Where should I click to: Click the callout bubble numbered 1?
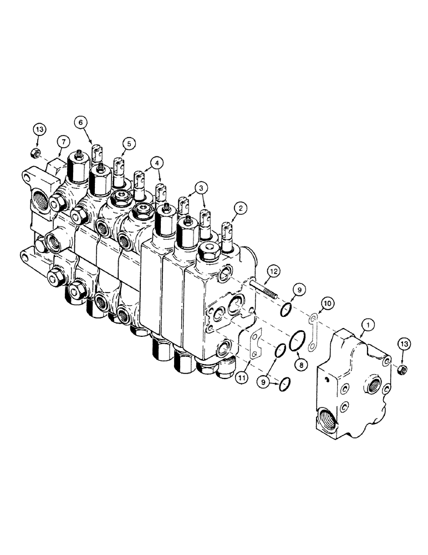pos(368,324)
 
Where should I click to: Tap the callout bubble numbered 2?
pos(240,208)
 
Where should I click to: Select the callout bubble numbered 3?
pos(201,188)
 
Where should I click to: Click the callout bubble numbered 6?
pos(80,123)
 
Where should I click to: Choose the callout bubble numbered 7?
pos(63,142)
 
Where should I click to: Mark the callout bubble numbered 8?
pos(301,364)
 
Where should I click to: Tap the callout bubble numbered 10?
pos(327,304)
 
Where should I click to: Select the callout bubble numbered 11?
pos(242,377)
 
